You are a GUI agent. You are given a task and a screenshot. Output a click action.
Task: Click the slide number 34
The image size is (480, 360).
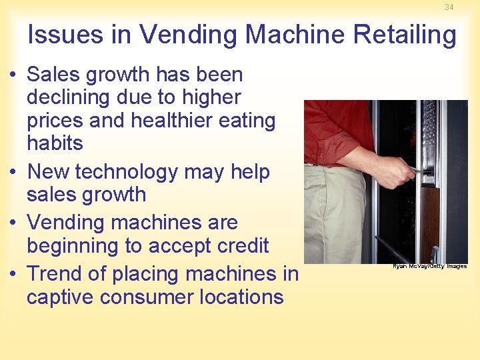(449, 7)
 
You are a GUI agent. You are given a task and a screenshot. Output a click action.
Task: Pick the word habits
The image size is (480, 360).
(55, 143)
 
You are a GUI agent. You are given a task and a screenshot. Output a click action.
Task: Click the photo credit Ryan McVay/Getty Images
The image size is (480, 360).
(429, 266)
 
